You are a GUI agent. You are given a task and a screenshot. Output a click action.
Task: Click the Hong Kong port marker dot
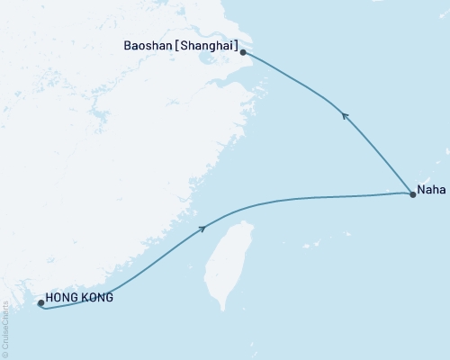point(41,303)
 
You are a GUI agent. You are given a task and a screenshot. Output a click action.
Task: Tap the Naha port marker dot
point(412,193)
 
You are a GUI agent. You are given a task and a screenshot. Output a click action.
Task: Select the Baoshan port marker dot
point(243,53)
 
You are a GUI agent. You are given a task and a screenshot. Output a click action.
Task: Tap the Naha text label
point(428,190)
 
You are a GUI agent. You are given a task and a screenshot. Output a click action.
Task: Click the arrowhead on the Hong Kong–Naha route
point(202,229)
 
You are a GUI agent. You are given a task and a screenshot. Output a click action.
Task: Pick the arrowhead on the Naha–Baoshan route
point(343,113)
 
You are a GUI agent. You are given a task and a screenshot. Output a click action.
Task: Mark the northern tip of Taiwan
point(240,209)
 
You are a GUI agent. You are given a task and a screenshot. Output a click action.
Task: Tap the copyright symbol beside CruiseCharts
point(5,355)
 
